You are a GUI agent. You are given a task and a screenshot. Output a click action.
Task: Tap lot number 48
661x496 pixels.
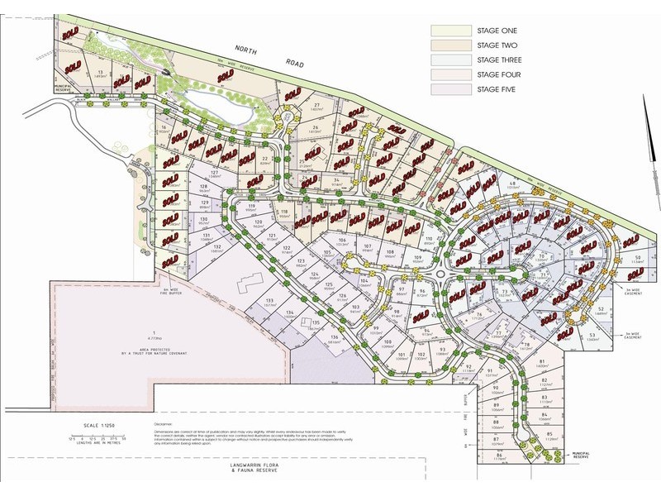(513, 184)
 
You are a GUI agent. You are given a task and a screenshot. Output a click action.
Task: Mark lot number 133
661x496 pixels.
(270, 301)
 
